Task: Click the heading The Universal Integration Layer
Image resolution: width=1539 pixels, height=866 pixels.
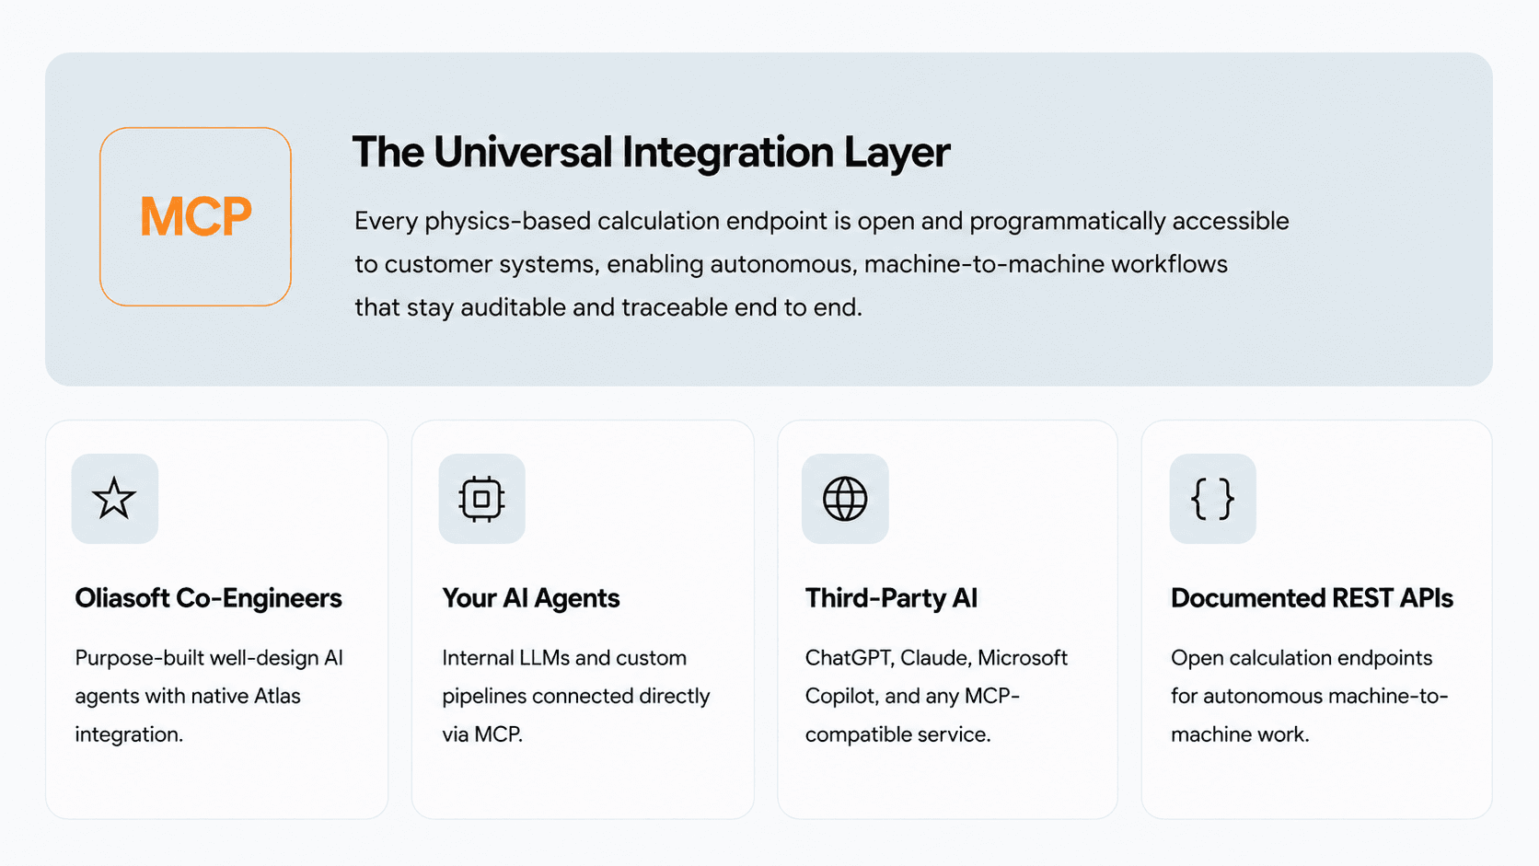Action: click(x=651, y=153)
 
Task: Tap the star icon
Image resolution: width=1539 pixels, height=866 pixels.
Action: click(x=114, y=498)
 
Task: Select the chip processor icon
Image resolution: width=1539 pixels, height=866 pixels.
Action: click(x=481, y=499)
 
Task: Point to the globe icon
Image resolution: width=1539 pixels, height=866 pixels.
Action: click(x=845, y=499)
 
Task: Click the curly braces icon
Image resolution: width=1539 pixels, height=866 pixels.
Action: click(x=1212, y=499)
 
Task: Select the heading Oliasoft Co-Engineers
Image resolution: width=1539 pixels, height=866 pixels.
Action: click(x=208, y=598)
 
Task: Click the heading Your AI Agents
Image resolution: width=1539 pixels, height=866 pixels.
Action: click(x=530, y=598)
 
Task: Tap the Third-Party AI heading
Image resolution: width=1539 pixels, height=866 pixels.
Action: click(x=891, y=598)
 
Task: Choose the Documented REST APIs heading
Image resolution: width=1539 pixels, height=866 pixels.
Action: click(x=1312, y=598)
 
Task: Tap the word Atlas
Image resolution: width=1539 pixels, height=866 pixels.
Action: click(x=278, y=697)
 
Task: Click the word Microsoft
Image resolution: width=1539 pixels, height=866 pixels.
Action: click(x=1023, y=658)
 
